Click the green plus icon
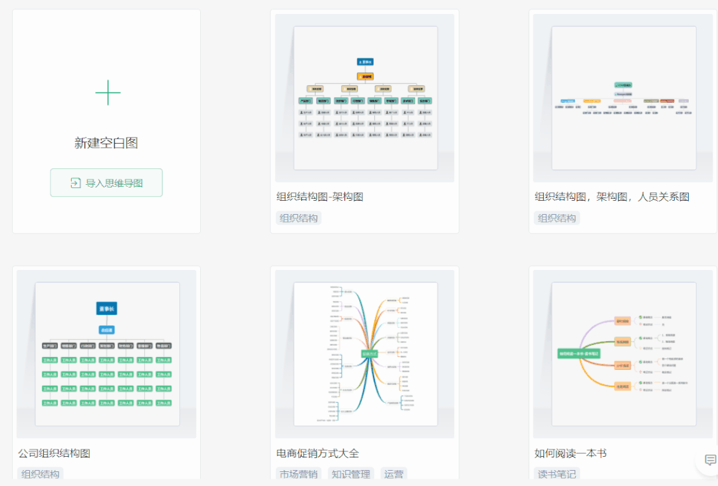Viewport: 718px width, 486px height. click(108, 92)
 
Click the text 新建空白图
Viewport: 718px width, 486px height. click(106, 143)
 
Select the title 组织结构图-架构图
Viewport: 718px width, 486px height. click(320, 197)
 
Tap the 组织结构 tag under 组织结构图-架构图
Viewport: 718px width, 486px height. click(299, 218)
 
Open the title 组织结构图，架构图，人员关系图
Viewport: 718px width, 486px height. click(612, 197)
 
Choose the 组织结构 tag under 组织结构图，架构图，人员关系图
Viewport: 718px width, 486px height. click(556, 218)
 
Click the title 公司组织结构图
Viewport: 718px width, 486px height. click(54, 453)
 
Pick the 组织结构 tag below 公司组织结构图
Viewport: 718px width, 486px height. click(40, 474)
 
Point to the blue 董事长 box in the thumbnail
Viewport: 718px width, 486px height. click(106, 308)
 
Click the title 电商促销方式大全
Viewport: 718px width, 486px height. click(317, 453)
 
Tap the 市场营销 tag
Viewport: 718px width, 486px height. click(299, 474)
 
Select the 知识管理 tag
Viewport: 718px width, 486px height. click(350, 474)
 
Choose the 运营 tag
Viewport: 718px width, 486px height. click(394, 474)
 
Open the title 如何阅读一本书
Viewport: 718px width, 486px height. click(570, 453)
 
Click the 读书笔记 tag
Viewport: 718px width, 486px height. click(556, 474)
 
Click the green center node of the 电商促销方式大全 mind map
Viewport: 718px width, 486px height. click(369, 354)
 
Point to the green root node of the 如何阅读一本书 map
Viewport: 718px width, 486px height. click(578, 354)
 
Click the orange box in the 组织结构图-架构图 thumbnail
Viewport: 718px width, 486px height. click(365, 76)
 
